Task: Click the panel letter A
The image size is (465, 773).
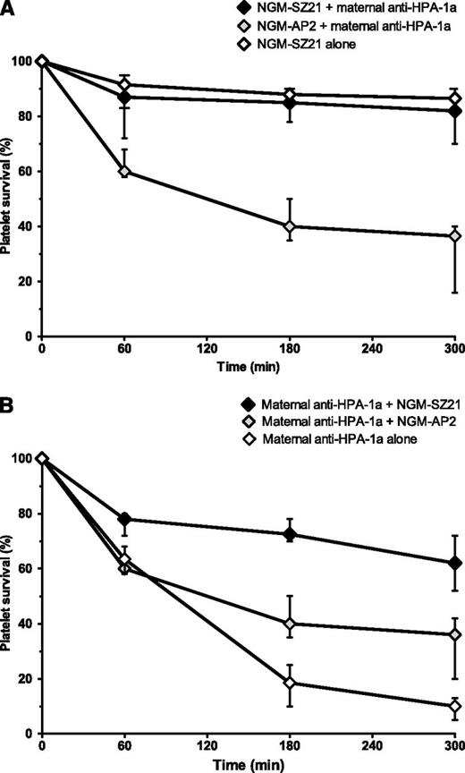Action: [8, 9]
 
